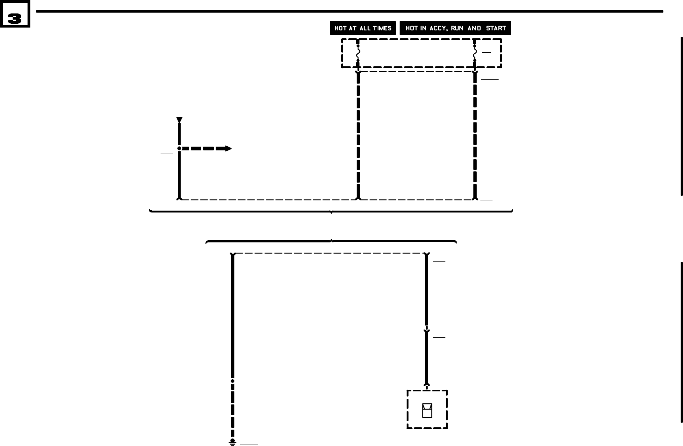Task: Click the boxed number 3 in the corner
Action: coord(14,18)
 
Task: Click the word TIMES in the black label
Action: coord(382,28)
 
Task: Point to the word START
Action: coord(496,28)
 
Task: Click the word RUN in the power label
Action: coord(458,28)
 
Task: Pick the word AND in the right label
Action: coord(474,28)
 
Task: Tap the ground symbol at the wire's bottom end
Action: coord(232,442)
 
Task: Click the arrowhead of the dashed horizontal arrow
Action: coord(227,149)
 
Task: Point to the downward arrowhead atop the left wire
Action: coord(179,120)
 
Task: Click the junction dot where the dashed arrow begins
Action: coord(179,149)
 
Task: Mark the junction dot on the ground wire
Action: coord(232,381)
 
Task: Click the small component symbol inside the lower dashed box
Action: coord(427,410)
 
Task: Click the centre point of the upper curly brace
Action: coord(331,212)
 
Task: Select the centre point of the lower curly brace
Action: coord(331,241)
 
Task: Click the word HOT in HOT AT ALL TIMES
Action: coord(340,28)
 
